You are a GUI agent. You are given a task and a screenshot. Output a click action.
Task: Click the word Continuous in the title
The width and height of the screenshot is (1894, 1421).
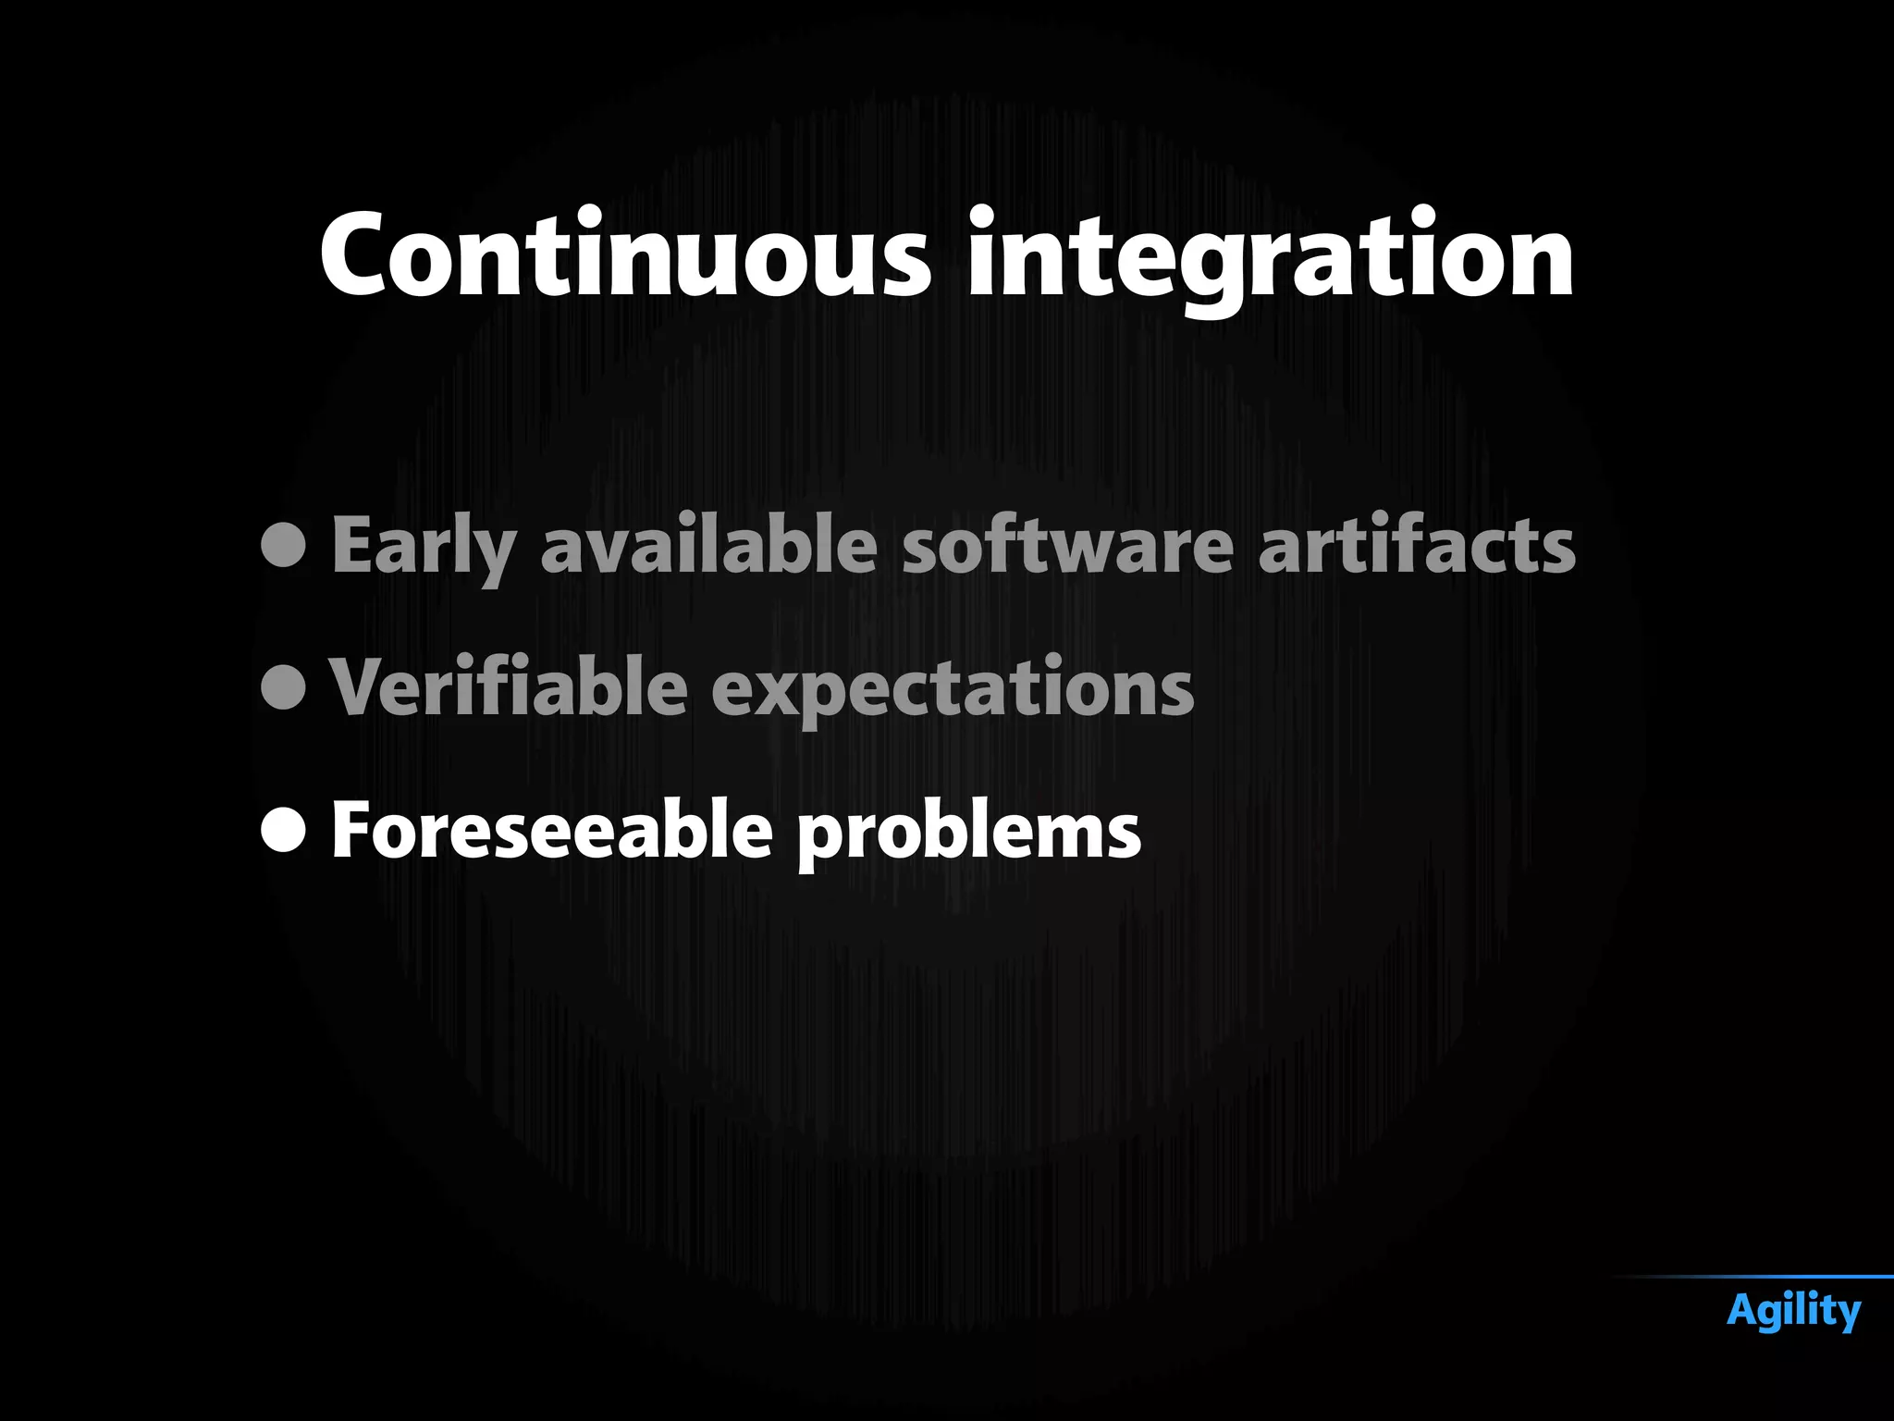[x=624, y=254]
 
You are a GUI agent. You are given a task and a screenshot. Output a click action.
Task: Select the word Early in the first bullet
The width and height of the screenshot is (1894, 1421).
[x=423, y=547]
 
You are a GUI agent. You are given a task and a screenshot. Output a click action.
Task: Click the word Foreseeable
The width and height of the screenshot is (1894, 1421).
[x=551, y=830]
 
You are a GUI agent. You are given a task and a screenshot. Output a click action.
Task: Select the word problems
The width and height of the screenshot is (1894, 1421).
[x=969, y=834]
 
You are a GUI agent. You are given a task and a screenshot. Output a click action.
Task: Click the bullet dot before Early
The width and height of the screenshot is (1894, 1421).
[x=284, y=545]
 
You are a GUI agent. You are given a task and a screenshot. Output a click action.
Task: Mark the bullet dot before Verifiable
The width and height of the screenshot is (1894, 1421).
[x=284, y=687]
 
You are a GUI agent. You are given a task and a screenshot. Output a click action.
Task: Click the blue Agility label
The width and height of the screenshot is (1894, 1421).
[x=1793, y=1312]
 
